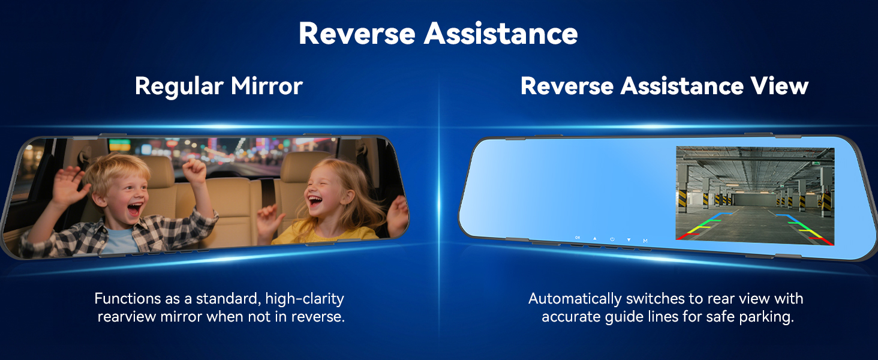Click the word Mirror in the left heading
click(x=266, y=86)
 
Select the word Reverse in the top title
click(x=357, y=34)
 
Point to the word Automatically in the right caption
click(x=575, y=299)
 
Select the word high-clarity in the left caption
click(x=305, y=299)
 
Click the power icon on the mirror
click(x=612, y=239)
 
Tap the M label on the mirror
click(x=645, y=241)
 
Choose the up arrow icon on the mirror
click(x=594, y=238)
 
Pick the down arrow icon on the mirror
click(x=629, y=239)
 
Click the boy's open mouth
click(x=134, y=208)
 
